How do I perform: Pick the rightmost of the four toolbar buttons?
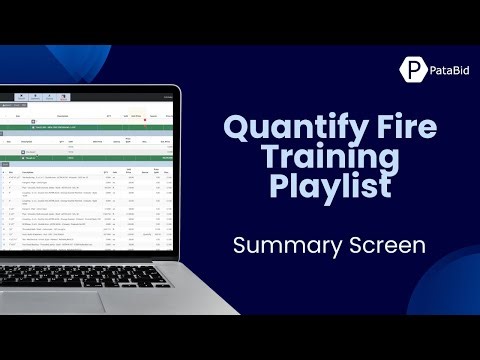(x=66, y=98)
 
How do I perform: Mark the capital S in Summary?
(x=239, y=244)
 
